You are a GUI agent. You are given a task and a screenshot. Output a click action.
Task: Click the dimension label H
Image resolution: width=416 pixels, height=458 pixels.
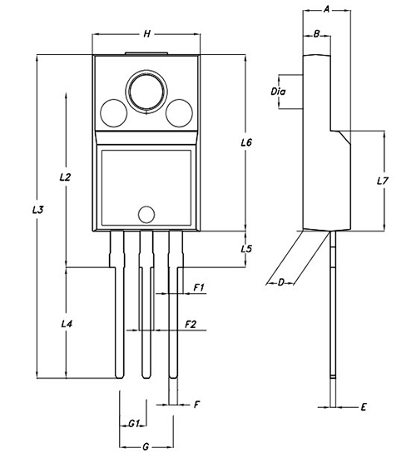147,34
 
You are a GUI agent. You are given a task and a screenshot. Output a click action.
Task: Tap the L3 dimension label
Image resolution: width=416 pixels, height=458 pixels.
38,209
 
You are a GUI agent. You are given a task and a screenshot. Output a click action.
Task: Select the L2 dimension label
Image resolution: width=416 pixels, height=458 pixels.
65,177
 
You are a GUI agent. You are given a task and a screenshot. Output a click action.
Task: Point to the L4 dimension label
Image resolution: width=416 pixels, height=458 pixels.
67,323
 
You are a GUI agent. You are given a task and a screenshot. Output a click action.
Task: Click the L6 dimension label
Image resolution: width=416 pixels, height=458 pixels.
246,142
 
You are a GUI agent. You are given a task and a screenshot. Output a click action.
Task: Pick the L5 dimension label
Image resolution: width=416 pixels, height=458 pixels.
246,249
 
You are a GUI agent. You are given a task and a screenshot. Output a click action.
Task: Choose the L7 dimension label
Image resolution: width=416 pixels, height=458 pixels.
382,181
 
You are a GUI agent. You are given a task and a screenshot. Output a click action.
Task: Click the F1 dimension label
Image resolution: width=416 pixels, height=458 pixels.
199,288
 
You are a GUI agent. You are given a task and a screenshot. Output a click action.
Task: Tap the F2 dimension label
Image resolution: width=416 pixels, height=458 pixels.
191,324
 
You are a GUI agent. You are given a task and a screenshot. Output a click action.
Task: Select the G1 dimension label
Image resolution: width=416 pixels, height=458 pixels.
134,424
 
